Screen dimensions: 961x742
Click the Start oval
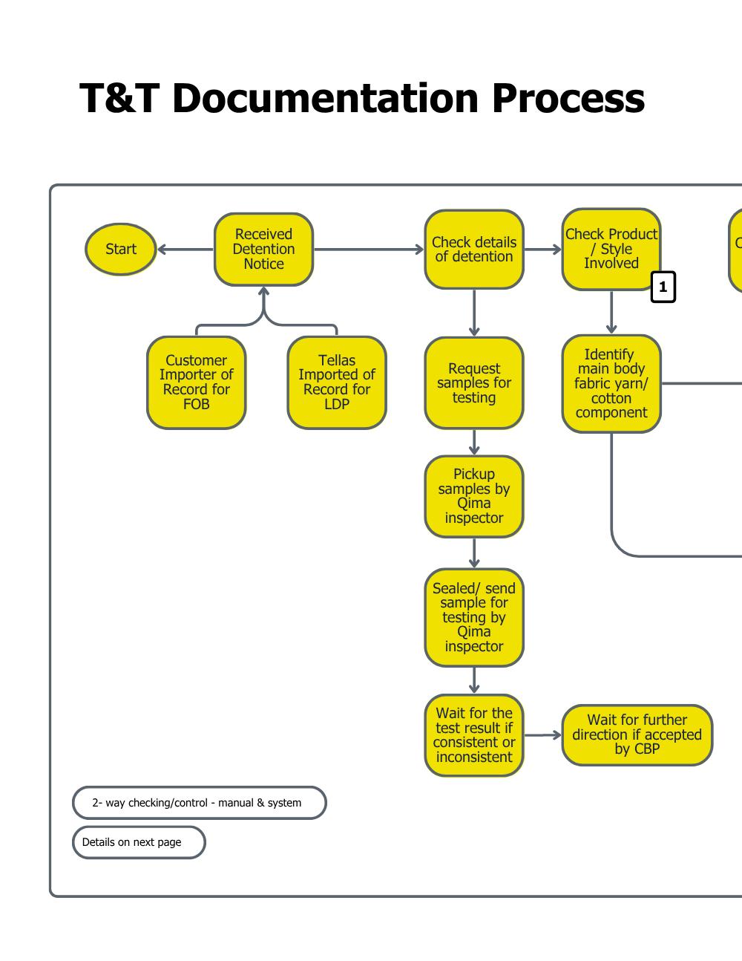coord(121,250)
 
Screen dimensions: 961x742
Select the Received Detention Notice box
coord(263,250)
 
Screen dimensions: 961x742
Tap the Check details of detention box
coord(474,250)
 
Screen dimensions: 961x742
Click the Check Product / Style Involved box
coord(611,249)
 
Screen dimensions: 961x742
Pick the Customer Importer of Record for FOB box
coord(197,382)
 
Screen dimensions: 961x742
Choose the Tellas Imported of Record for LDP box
coord(337,382)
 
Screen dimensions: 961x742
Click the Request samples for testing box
coord(474,383)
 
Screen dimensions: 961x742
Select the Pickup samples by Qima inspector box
coord(474,496)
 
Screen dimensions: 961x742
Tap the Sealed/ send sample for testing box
coord(474,617)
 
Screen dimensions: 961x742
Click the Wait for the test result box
coord(474,735)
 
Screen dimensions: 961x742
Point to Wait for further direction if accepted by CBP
coord(637,734)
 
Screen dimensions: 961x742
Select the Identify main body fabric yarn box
coord(611,384)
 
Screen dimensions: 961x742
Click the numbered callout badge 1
coord(663,287)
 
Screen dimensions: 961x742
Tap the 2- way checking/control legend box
coord(199,803)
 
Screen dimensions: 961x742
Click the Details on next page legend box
coord(139,842)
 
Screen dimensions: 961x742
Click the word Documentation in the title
coord(325,98)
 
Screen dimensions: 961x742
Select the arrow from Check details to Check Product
coord(542,250)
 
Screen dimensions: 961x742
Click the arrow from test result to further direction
coord(542,735)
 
